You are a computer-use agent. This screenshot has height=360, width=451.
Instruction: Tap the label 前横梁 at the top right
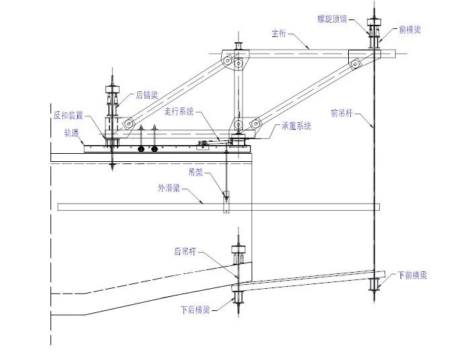point(409,30)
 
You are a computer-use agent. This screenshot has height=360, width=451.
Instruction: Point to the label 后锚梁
point(147,95)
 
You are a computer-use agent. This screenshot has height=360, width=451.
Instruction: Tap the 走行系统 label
point(179,111)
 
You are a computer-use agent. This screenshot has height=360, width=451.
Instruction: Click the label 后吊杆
point(185,253)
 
